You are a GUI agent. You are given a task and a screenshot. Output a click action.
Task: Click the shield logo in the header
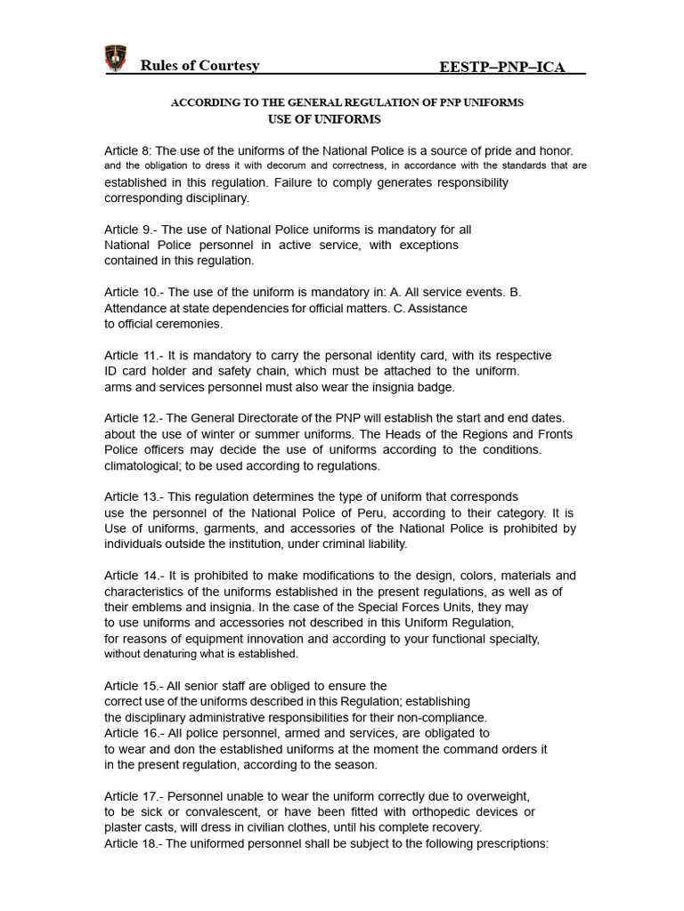pyautogui.click(x=117, y=58)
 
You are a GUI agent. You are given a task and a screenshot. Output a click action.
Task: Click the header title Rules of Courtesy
pyautogui.click(x=199, y=66)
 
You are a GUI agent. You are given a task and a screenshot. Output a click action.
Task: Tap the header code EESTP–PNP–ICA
pyautogui.click(x=502, y=68)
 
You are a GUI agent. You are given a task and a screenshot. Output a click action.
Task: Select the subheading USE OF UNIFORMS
pyautogui.click(x=324, y=119)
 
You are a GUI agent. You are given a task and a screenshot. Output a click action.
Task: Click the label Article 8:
pyautogui.click(x=128, y=151)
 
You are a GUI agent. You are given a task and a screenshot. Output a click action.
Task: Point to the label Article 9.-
pyautogui.click(x=131, y=229)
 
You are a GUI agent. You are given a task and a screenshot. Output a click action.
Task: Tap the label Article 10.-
pyautogui.click(x=134, y=292)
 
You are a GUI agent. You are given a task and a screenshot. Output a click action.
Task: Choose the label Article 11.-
pyautogui.click(x=134, y=355)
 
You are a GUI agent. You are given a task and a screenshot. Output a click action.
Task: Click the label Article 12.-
pyautogui.click(x=134, y=418)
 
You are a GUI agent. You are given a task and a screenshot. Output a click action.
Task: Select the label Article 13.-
pyautogui.click(x=134, y=496)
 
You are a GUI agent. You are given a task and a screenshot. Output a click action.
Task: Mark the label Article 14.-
pyautogui.click(x=134, y=576)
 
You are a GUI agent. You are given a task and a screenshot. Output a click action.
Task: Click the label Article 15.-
pyautogui.click(x=134, y=686)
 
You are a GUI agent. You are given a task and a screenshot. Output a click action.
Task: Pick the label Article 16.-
pyautogui.click(x=134, y=733)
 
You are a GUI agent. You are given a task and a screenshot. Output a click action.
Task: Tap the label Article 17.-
pyautogui.click(x=134, y=796)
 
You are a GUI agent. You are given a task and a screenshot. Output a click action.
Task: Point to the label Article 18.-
pyautogui.click(x=134, y=843)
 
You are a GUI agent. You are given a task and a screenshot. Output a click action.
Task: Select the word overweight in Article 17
pyautogui.click(x=494, y=796)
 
